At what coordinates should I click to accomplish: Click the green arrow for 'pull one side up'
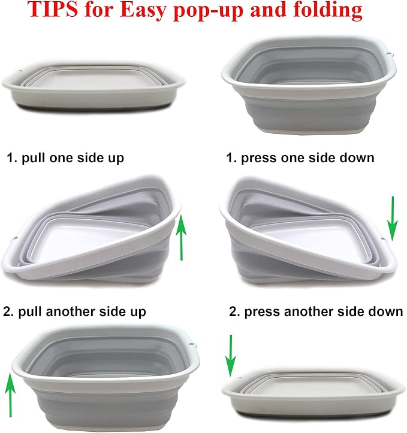[181, 238]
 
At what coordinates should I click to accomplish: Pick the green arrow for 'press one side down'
[393, 219]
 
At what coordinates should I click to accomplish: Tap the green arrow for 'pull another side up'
[10, 395]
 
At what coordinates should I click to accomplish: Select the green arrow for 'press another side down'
[230, 356]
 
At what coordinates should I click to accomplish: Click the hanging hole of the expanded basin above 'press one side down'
[388, 52]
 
